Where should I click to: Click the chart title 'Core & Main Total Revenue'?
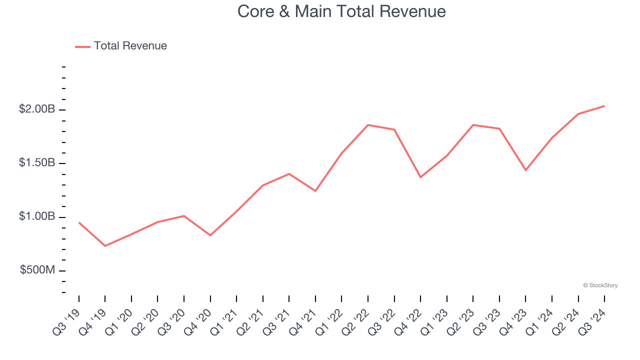point(341,11)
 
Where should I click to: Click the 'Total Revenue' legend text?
point(130,46)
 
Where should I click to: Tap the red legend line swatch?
point(82,46)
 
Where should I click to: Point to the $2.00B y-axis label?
point(37,109)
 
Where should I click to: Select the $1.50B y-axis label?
point(37,163)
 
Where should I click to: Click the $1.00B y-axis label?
point(37,216)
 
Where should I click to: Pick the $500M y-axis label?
point(37,270)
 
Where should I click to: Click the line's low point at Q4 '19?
point(105,246)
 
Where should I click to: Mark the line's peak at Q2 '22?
point(368,125)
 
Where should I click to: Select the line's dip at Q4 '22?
point(420,177)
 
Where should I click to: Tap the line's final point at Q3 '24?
point(604,106)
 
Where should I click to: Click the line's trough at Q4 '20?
point(210,235)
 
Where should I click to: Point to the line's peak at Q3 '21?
point(289,173)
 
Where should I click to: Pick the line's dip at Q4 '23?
point(525,170)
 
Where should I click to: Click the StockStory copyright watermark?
point(600,285)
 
